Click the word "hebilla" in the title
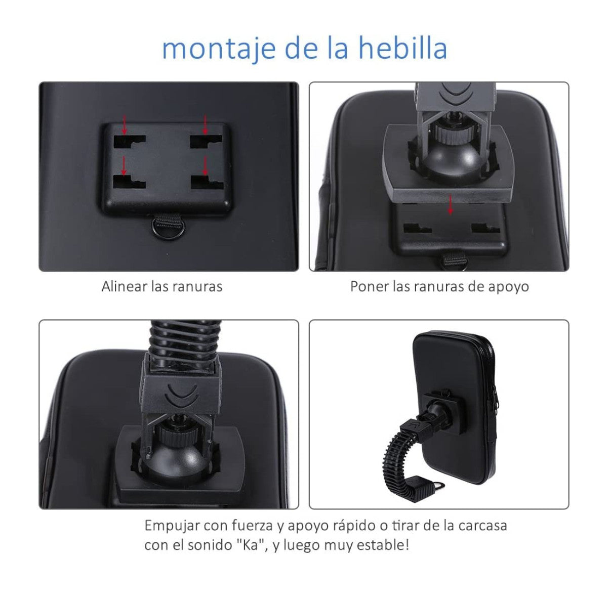click(402, 48)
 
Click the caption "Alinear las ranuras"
click(161, 286)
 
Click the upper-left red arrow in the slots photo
click(125, 124)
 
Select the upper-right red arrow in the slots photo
click(205, 124)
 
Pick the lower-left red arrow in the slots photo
click(124, 165)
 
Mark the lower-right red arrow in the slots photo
click(205, 165)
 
